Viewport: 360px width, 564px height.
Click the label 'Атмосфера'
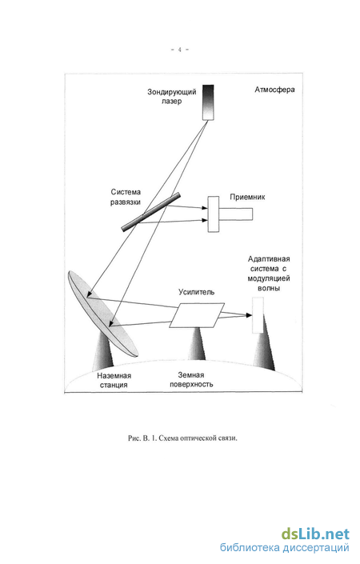(274, 90)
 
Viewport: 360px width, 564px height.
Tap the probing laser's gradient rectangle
(208, 102)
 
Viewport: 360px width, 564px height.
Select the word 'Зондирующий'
(172, 92)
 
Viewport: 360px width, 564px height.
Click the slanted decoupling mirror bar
(150, 212)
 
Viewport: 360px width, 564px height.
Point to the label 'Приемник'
(247, 197)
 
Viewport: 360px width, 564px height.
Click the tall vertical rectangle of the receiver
(214, 214)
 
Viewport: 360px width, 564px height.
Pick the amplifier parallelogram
(197, 315)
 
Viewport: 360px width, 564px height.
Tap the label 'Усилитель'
(196, 292)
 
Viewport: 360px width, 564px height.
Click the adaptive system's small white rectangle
(258, 315)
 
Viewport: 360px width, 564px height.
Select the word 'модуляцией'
(269, 278)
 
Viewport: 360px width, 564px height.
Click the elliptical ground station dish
(102, 314)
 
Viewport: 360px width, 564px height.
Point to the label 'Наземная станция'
(114, 380)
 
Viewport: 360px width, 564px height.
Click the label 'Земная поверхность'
(191, 380)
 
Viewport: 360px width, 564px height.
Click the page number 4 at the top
(179, 50)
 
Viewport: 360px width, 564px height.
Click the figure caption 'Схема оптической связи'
(198, 438)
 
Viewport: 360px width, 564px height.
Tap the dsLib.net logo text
(315, 534)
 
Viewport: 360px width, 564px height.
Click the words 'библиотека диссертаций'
(285, 548)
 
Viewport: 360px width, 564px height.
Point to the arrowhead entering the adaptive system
(249, 315)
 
